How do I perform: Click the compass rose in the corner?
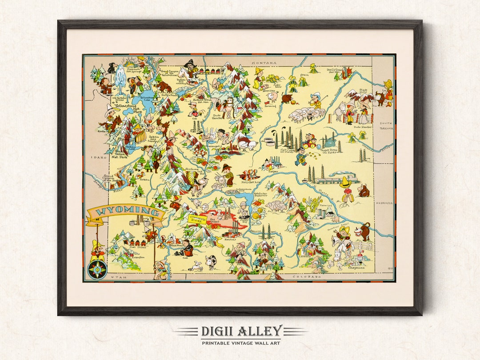pos(97,269)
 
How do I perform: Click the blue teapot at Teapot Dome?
pos(330,141)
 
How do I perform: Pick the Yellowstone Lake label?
pos(146,98)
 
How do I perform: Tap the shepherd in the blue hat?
pos(315,100)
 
